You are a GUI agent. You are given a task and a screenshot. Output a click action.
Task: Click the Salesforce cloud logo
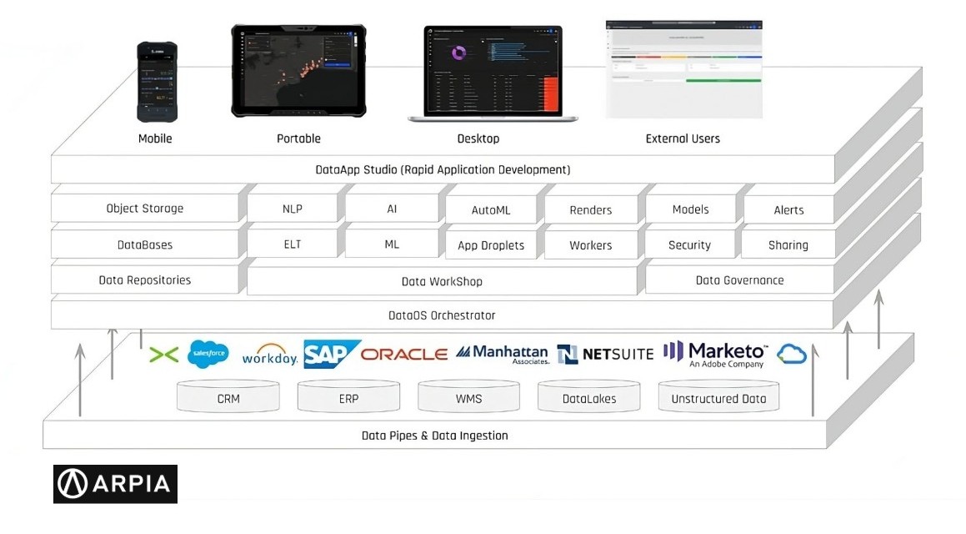click(208, 354)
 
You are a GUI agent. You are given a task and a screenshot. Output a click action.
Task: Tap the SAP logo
click(331, 354)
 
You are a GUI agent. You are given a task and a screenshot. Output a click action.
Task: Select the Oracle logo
click(404, 354)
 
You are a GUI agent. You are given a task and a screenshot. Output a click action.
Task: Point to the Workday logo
click(270, 355)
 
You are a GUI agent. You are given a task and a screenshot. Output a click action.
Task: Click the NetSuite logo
click(605, 354)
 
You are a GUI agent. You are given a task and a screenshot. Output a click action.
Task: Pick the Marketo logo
click(715, 353)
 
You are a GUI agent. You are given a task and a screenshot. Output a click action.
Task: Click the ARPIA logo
click(115, 484)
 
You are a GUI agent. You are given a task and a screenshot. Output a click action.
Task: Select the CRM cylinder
click(228, 397)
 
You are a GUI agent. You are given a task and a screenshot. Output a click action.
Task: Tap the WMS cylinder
click(468, 397)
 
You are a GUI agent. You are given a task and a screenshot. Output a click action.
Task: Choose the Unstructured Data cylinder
click(718, 397)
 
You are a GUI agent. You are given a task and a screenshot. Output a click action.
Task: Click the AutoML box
click(491, 210)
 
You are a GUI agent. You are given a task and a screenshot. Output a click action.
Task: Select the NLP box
click(293, 209)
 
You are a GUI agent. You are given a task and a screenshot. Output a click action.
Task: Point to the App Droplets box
click(491, 245)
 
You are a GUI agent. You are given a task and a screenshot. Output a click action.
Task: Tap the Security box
click(689, 244)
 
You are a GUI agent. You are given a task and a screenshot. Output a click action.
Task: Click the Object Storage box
click(145, 209)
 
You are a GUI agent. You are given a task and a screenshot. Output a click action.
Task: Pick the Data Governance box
click(739, 280)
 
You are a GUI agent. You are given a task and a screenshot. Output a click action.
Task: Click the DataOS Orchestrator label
click(442, 315)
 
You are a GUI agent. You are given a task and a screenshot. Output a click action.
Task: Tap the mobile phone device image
click(158, 82)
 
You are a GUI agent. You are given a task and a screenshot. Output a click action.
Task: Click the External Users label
click(683, 139)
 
